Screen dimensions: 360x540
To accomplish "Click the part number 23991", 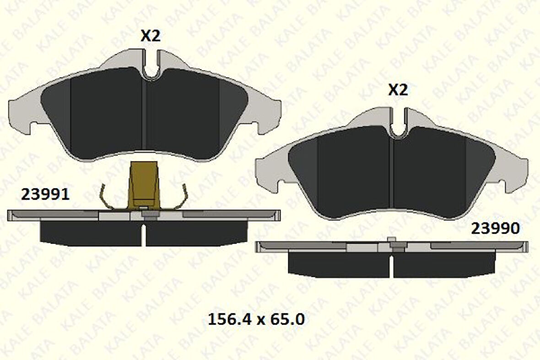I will click(x=45, y=195).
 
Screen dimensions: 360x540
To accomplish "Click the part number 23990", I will click(x=496, y=228).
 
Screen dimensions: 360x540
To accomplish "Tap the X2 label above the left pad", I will click(x=150, y=36).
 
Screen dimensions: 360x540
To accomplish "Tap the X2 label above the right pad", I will click(x=398, y=90).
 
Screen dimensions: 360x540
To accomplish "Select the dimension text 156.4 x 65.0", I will click(x=256, y=319).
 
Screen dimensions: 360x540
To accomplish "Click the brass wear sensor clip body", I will click(x=143, y=183).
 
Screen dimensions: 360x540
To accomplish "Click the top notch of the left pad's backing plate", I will click(x=151, y=64).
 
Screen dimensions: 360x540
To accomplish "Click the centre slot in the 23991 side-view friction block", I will click(x=144, y=234).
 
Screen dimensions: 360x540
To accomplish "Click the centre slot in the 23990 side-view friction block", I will click(x=391, y=266).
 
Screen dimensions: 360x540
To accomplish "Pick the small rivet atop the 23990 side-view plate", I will click(x=391, y=240).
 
